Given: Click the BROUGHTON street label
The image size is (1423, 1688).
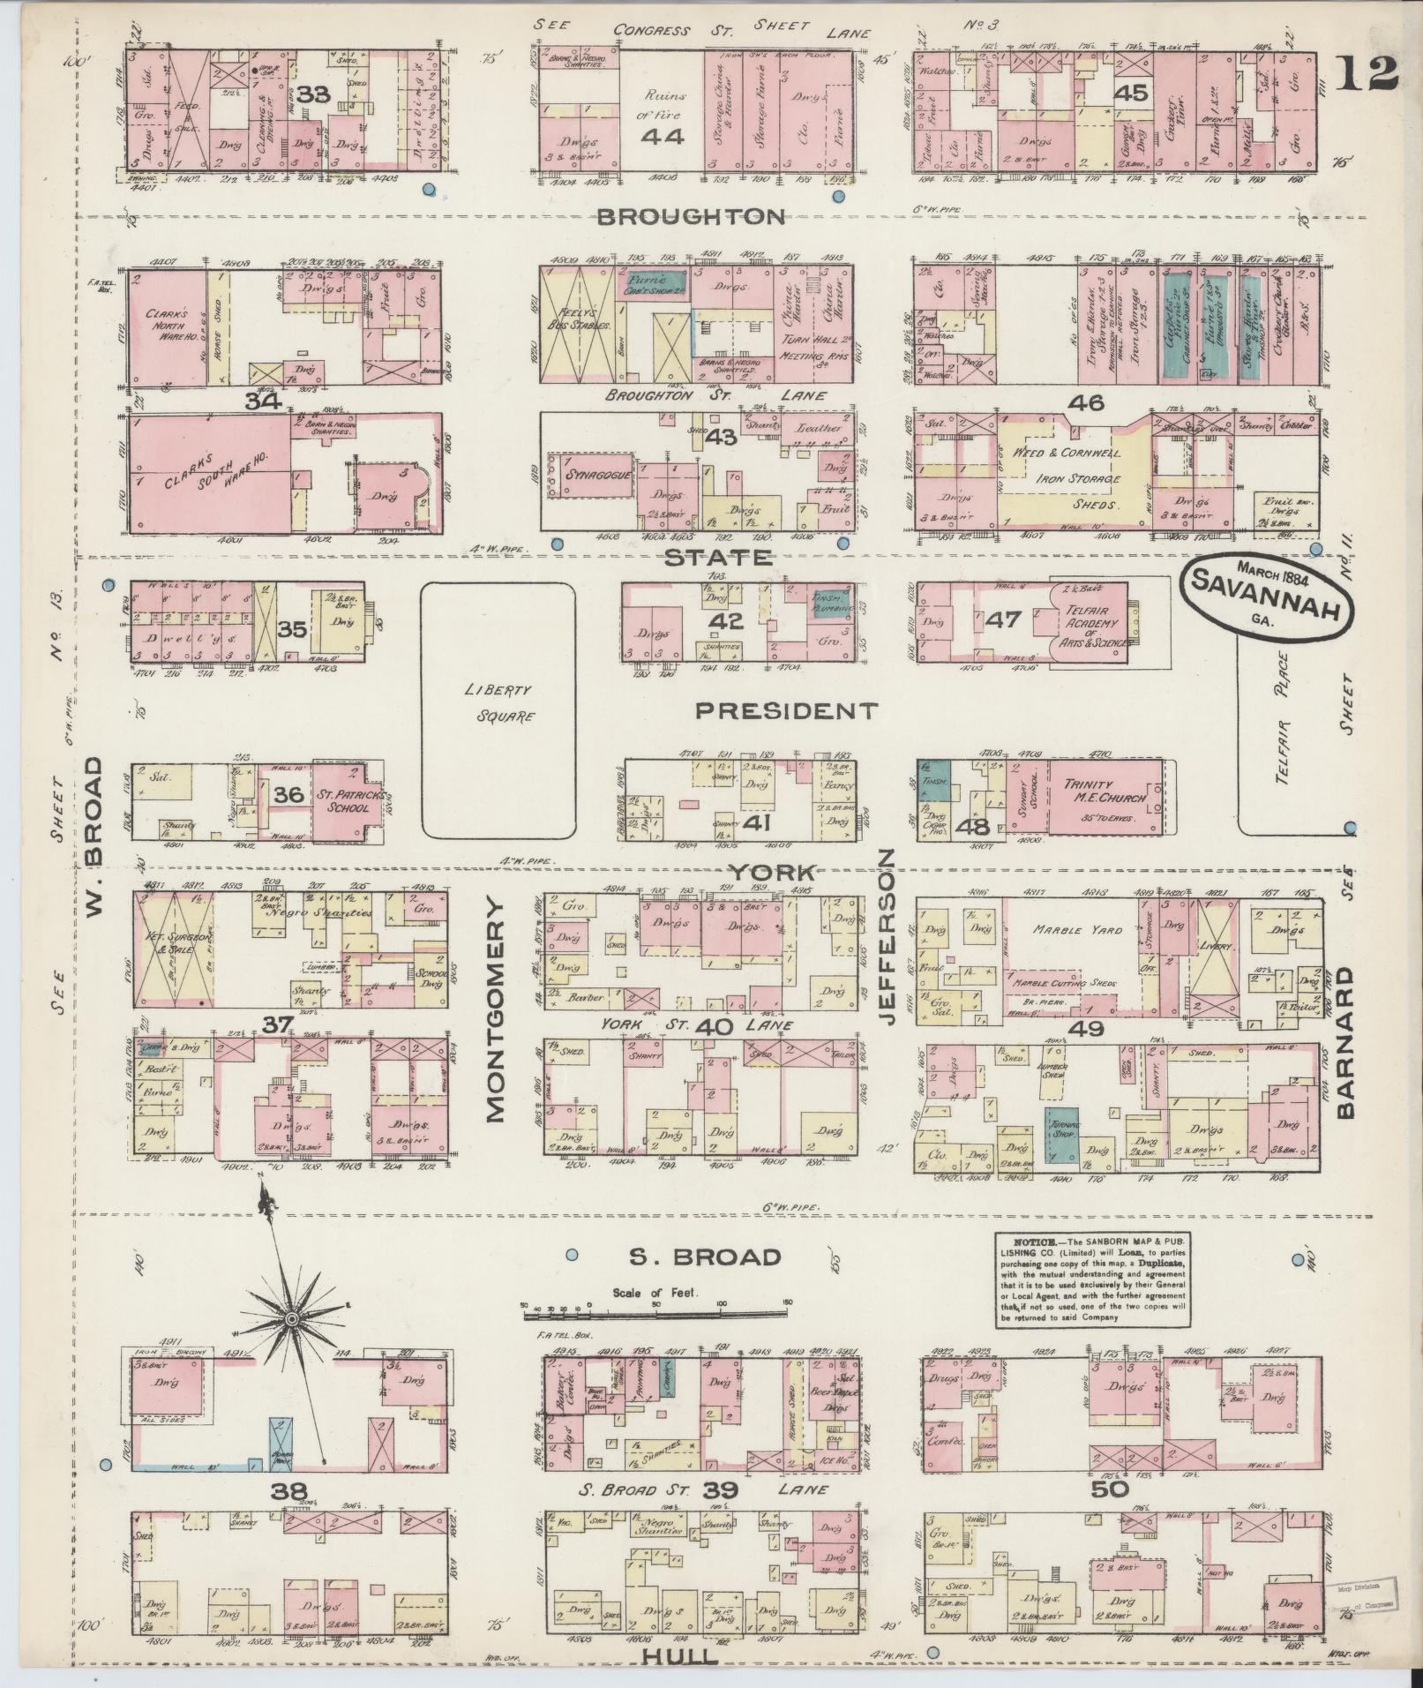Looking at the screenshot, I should pos(690,217).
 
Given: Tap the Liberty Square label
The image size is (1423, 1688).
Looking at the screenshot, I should pos(500,704).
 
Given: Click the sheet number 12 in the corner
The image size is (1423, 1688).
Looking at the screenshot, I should pos(1367,73).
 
